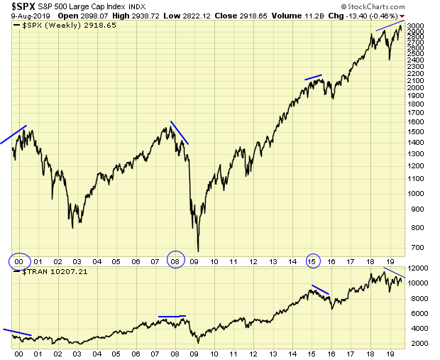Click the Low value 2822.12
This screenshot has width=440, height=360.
click(211, 15)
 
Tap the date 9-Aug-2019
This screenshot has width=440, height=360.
click(21, 15)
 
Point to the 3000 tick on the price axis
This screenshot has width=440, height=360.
click(416, 27)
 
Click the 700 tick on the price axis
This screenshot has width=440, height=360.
click(413, 247)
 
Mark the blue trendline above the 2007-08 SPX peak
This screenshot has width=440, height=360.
click(180, 133)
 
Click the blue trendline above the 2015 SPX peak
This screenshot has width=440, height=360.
click(313, 77)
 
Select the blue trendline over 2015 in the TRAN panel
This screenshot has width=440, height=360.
click(321, 290)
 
